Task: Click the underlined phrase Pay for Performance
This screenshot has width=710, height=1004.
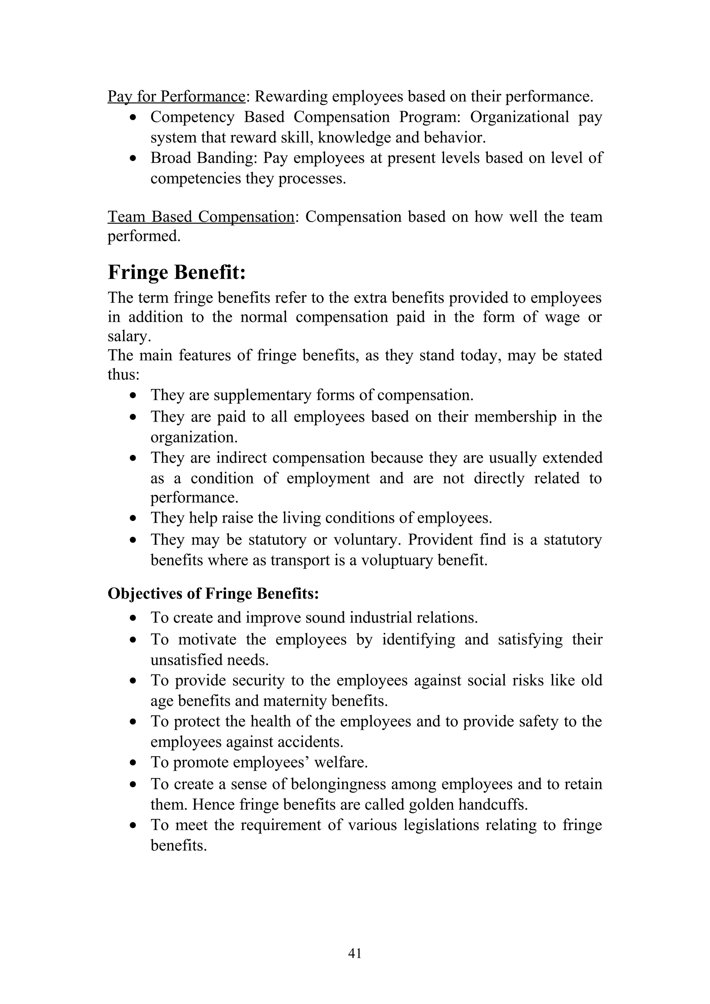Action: [x=176, y=97]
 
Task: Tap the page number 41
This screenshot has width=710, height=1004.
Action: [x=354, y=966]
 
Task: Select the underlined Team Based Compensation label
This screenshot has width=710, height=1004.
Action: [x=201, y=217]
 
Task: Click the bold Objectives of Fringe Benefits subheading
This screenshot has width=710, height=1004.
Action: [x=213, y=594]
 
